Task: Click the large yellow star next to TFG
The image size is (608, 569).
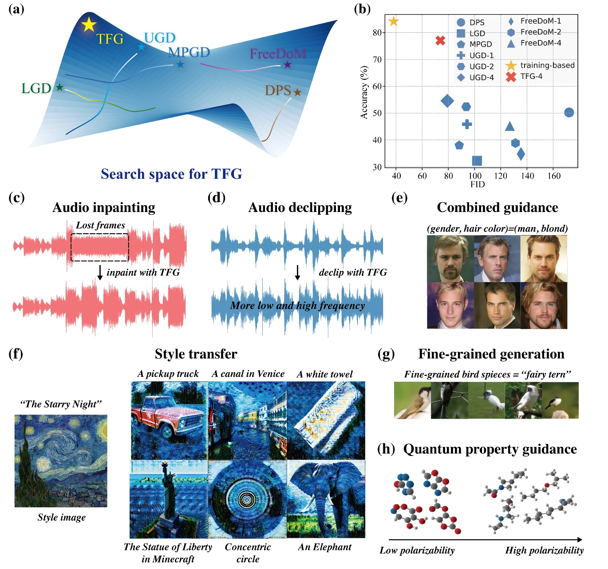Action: pos(89,25)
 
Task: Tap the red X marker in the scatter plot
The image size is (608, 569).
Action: pos(440,40)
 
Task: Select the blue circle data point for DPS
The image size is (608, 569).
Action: pos(569,113)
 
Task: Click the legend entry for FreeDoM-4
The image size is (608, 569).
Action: pos(541,43)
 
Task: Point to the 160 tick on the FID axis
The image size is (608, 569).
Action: pos(553,176)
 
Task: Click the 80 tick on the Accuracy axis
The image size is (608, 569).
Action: pos(377,32)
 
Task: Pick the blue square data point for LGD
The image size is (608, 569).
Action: pos(477,161)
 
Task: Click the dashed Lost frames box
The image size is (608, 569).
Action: pos(100,247)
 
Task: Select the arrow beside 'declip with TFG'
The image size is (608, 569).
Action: pos(297,272)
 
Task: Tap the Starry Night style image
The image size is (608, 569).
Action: pos(61,461)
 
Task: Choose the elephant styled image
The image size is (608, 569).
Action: pos(326,499)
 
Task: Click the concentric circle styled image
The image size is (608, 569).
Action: pos(248,499)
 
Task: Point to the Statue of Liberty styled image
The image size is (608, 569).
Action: pos(169,499)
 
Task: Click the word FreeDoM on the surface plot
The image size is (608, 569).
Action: pos(278,54)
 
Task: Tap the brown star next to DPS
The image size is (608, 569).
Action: pos(297,92)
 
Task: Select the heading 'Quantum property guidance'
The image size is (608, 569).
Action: pos(490,449)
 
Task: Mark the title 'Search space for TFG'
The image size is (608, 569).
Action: pos(171,174)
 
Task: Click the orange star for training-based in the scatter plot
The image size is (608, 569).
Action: pos(394,21)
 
